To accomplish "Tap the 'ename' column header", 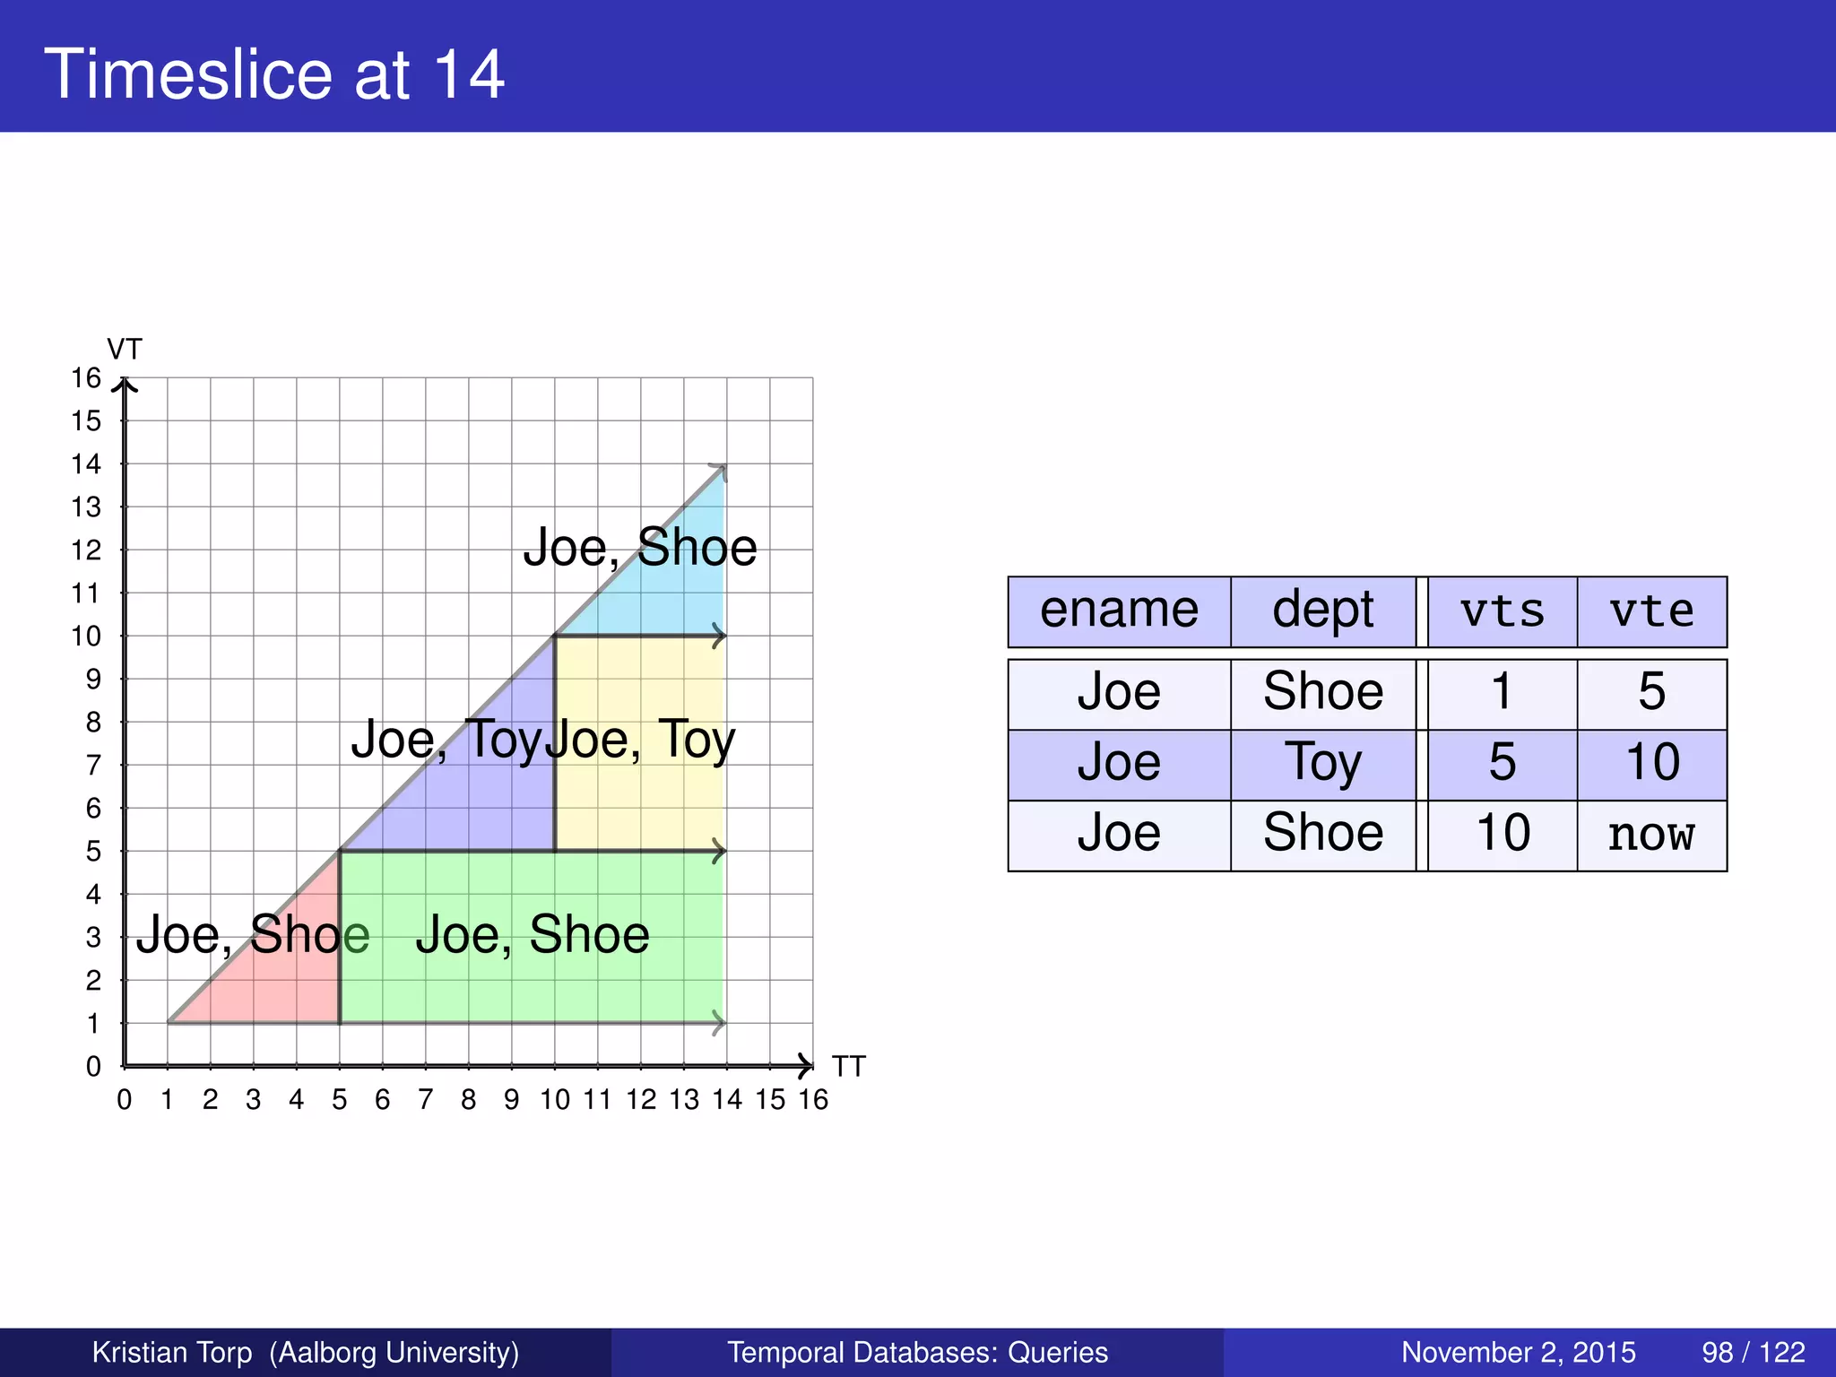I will [x=1119, y=611].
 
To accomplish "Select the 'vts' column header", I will [x=1502, y=611].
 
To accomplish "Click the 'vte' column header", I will [x=1651, y=611].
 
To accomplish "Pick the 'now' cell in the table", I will [x=1651, y=835].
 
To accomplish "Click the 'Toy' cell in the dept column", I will [x=1323, y=764].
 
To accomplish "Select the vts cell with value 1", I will [x=1502, y=693].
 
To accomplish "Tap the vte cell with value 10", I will [x=1651, y=764].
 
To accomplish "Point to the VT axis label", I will [x=125, y=349].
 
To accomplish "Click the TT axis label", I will [x=848, y=1067].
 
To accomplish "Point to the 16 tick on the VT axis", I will [x=87, y=378].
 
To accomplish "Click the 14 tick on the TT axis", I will [x=727, y=1100].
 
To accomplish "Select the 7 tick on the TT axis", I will [x=426, y=1100].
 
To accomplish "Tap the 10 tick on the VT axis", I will [x=87, y=637].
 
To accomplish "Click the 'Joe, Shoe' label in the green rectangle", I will [x=533, y=935].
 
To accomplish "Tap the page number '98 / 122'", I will [x=1753, y=1352].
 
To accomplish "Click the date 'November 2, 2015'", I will [x=1518, y=1352].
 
